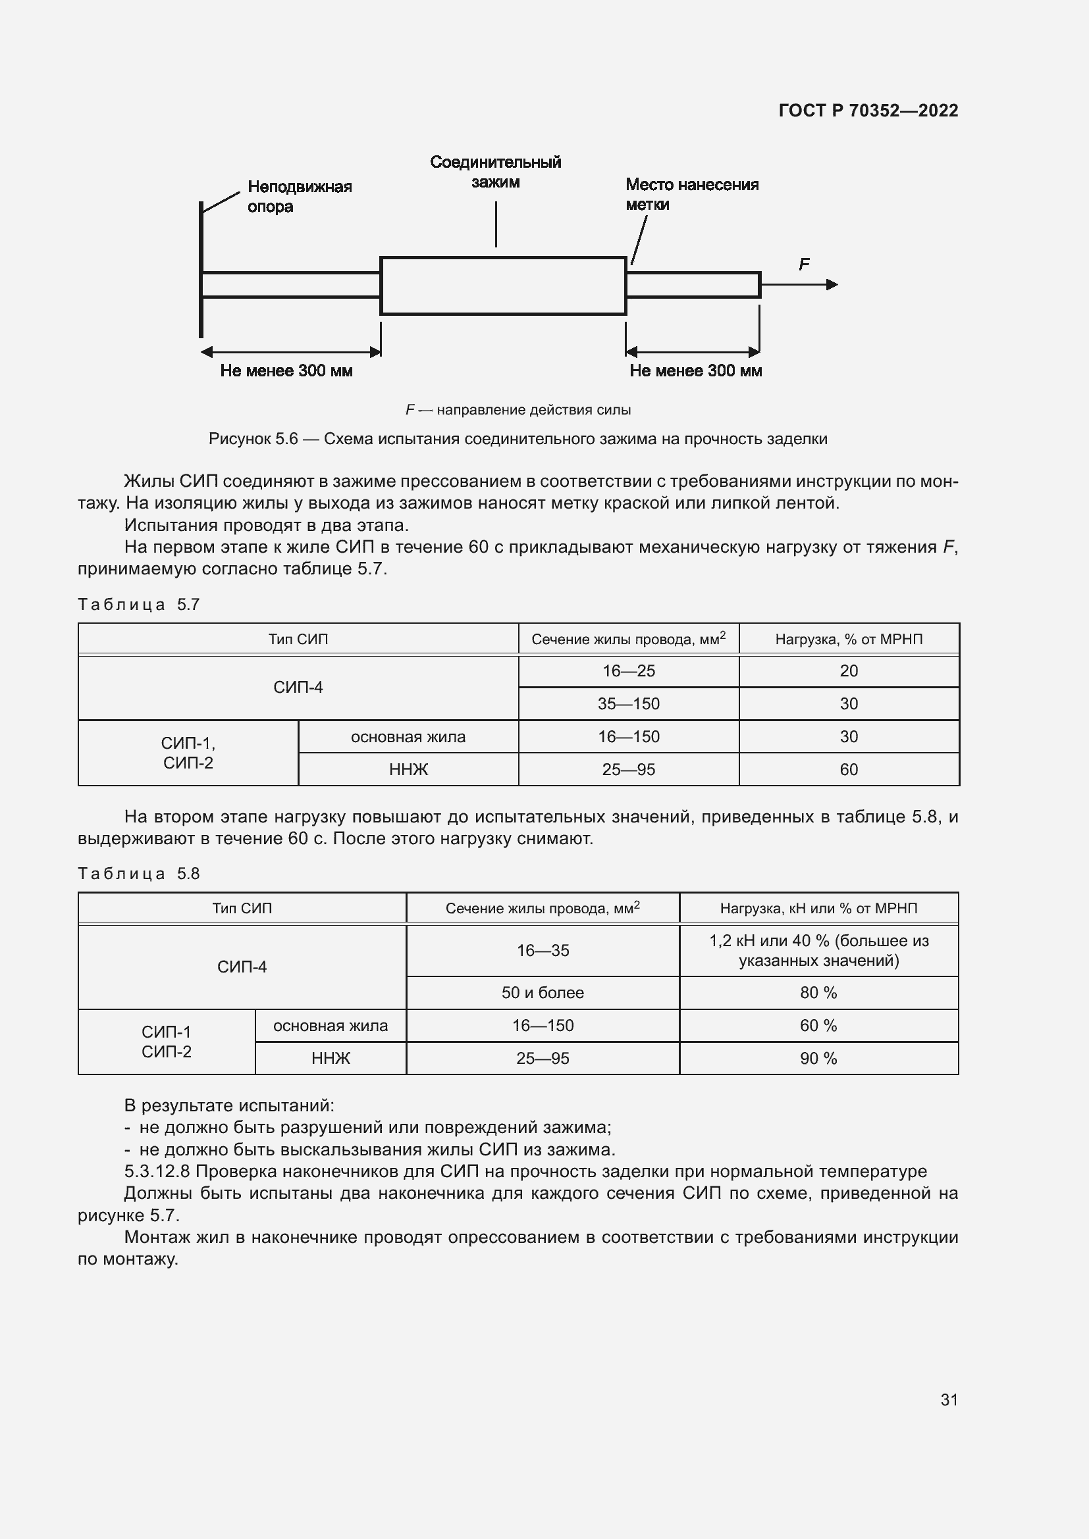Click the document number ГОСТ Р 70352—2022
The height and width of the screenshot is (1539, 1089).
pyautogui.click(x=868, y=111)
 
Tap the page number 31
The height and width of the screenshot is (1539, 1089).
pyautogui.click(x=949, y=1400)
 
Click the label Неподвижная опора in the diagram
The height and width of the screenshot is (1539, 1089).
pyautogui.click(x=299, y=196)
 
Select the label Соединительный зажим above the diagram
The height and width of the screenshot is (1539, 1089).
pyautogui.click(x=495, y=172)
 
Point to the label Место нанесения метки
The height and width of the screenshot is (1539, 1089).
pyautogui.click(x=691, y=194)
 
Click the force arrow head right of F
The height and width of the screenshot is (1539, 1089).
pyautogui.click(x=832, y=285)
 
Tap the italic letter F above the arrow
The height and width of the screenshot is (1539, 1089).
pyautogui.click(x=804, y=265)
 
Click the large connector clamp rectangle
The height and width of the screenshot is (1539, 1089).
pyautogui.click(x=503, y=286)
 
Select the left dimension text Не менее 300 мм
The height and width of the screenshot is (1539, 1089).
pyautogui.click(x=286, y=370)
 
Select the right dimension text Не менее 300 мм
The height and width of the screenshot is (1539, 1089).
pyautogui.click(x=695, y=370)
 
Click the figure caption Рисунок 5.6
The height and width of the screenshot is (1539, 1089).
pyautogui.click(x=253, y=439)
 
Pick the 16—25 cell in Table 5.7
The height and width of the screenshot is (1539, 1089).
pyautogui.click(x=628, y=671)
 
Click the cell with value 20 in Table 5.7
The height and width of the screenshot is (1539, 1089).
pyautogui.click(x=848, y=671)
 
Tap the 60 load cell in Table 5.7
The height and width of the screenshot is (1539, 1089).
pyautogui.click(x=848, y=770)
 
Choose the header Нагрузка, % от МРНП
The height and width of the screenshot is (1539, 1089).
pyautogui.click(x=848, y=640)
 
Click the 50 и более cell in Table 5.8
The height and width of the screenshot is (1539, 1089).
pyautogui.click(x=543, y=993)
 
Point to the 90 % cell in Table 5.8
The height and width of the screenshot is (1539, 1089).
pyautogui.click(x=818, y=1059)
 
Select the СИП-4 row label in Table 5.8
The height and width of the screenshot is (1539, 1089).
pyautogui.click(x=242, y=967)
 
